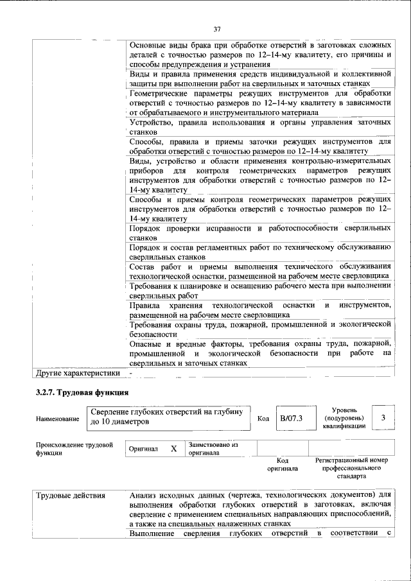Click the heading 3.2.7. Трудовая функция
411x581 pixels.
tap(83, 392)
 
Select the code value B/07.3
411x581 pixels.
tap(291, 419)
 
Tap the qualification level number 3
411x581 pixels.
tap(383, 418)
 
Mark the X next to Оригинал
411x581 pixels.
tap(173, 449)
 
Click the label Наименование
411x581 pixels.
tap(58, 419)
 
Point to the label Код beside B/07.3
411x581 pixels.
tap(263, 419)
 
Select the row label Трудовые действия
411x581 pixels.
tap(71, 495)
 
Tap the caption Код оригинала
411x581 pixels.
tap(283, 464)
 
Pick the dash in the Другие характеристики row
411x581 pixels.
tap(130, 372)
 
